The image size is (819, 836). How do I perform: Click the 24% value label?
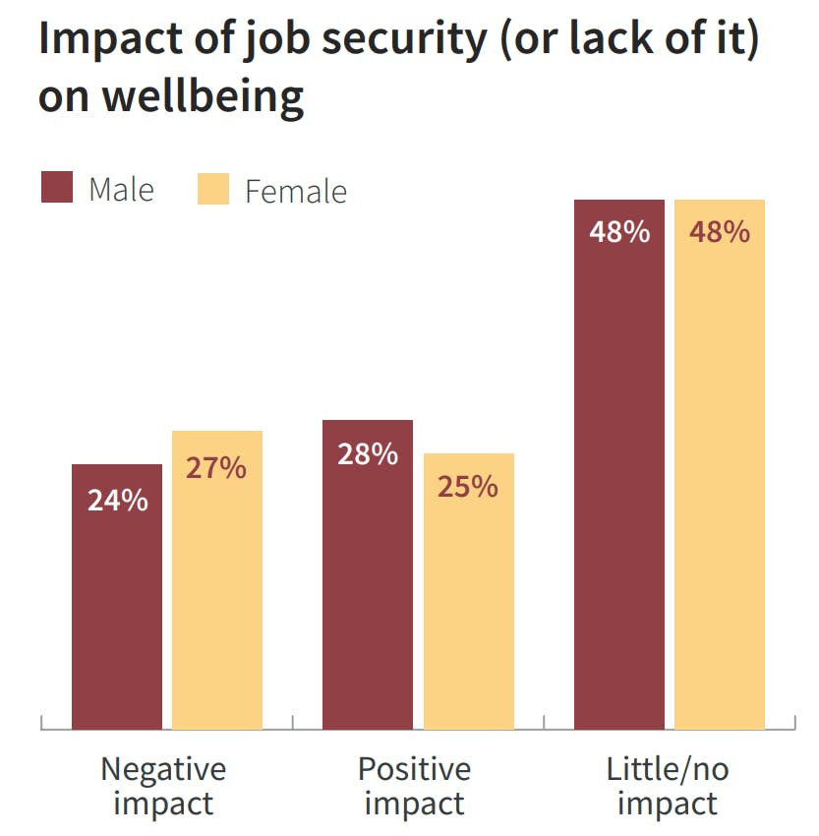(117, 500)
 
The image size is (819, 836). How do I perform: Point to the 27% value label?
(216, 467)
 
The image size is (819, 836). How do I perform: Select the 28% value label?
(368, 455)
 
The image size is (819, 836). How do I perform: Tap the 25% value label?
(468, 487)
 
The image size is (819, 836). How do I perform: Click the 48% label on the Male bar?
(619, 233)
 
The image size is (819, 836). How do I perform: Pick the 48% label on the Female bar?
(720, 233)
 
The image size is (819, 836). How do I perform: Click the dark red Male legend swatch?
(57, 187)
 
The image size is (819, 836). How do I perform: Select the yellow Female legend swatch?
(212, 188)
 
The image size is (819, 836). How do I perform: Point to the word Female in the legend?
(295, 191)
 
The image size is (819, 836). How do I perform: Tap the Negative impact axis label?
(163, 786)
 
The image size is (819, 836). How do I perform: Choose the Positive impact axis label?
(414, 786)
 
